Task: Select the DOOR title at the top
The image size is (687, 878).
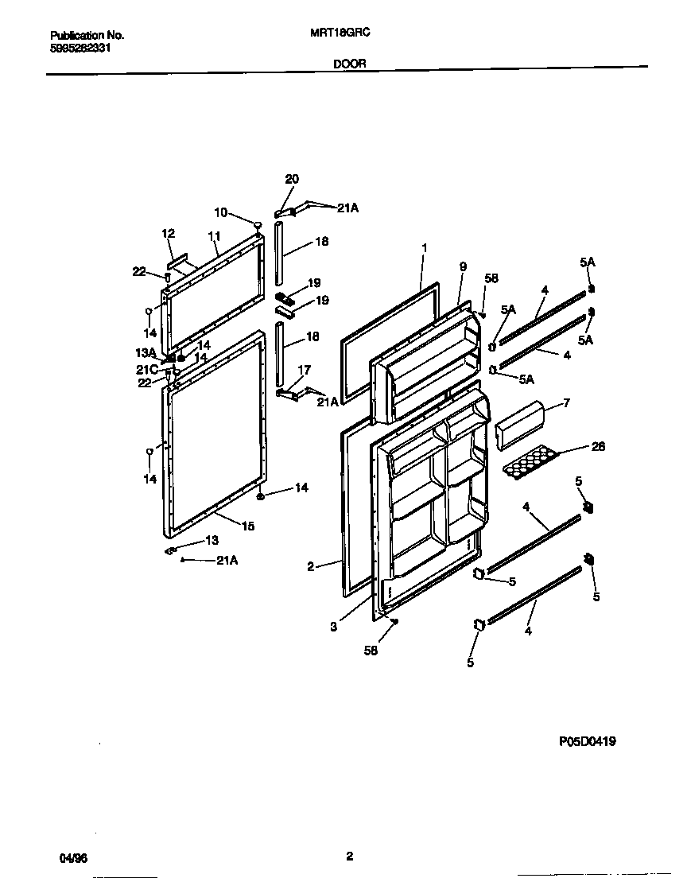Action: coord(350,64)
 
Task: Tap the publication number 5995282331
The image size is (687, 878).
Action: coord(80,48)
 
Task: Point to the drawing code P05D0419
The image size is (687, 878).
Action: coord(587,741)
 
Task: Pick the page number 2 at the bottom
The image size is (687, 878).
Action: coord(349,857)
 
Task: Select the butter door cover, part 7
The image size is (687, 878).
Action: coord(521,425)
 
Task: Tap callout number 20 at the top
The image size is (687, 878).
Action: coord(292,179)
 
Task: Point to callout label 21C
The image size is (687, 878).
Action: coord(147,369)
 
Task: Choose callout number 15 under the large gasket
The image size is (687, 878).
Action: coord(248,526)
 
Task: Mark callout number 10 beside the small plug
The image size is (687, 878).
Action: coord(220,212)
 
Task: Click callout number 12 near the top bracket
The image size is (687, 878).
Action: coord(168,233)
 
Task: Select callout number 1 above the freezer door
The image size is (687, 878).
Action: coord(425,248)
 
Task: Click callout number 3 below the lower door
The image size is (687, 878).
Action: coord(334,627)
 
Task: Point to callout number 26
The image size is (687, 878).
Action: coord(598,447)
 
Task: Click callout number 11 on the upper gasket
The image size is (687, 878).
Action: coord(213,236)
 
